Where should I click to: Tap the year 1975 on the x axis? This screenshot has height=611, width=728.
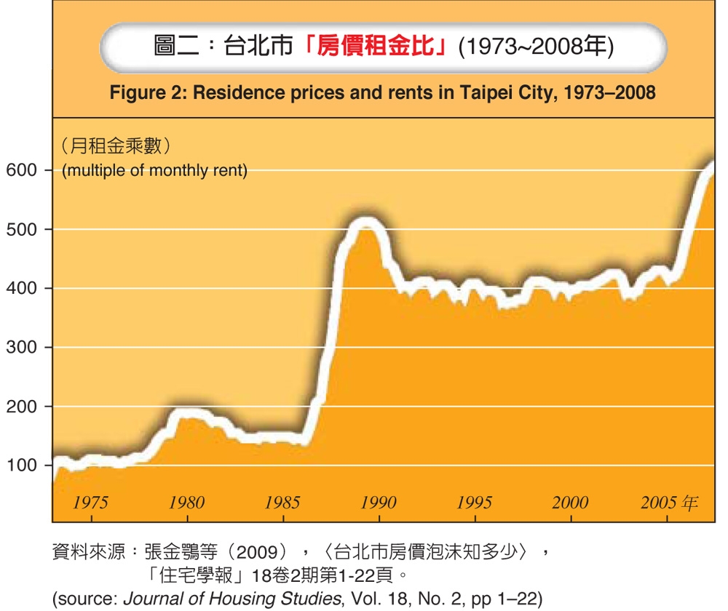click(90, 503)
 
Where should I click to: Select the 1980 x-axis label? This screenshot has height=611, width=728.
click(186, 503)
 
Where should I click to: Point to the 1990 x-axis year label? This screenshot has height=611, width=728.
click(378, 503)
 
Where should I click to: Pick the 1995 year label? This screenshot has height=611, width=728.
click(474, 503)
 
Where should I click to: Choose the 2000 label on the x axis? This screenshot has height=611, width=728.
click(570, 503)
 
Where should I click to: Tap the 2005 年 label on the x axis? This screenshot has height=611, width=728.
click(668, 503)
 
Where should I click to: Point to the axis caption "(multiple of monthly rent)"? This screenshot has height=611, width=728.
click(155, 171)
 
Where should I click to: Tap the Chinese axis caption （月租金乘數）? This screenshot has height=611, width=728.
click(116, 147)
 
